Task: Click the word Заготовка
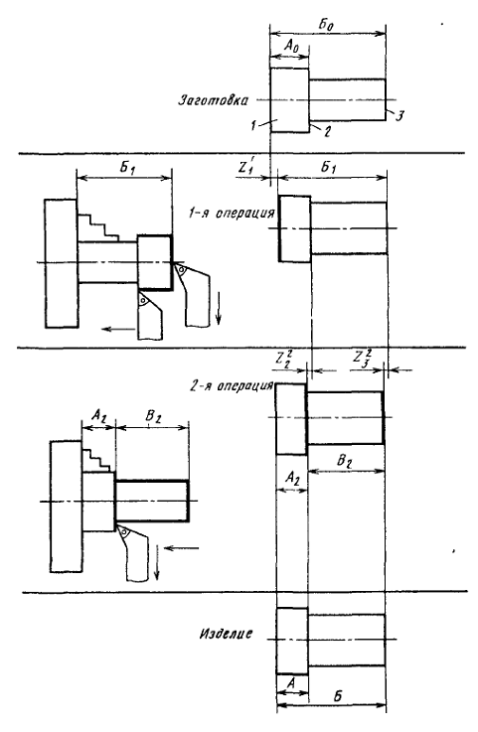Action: tap(213, 100)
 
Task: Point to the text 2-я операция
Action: tap(232, 386)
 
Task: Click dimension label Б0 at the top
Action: tap(327, 25)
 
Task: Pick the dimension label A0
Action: tap(290, 47)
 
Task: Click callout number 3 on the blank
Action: tap(398, 116)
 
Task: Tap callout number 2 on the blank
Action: tap(327, 132)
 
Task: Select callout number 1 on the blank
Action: tap(252, 125)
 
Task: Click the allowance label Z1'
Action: tap(245, 168)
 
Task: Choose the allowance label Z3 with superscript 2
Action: tap(363, 358)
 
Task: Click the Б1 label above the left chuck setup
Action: tap(126, 168)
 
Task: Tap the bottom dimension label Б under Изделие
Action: tap(338, 695)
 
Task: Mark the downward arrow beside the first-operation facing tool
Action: tap(219, 309)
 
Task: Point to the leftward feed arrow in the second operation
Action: tap(182, 548)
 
